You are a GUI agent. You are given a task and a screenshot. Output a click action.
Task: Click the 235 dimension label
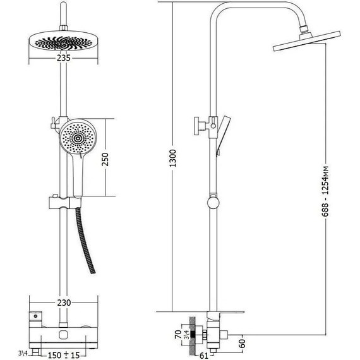(x=64, y=58)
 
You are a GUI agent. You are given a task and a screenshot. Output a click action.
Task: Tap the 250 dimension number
(x=105, y=159)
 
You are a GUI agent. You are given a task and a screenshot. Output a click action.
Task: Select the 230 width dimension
(x=64, y=303)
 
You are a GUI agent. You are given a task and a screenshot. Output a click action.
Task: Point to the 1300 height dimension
(x=172, y=158)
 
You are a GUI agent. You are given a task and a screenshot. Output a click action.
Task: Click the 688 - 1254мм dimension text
(x=325, y=191)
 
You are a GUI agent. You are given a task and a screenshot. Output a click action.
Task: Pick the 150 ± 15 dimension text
(x=64, y=355)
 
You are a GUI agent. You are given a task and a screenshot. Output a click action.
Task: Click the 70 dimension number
(x=178, y=335)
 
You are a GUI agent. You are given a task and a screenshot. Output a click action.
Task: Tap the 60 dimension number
(x=243, y=344)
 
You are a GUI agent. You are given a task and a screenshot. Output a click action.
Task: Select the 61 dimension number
(x=203, y=356)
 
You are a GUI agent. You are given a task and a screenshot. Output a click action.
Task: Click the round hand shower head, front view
(x=78, y=138)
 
